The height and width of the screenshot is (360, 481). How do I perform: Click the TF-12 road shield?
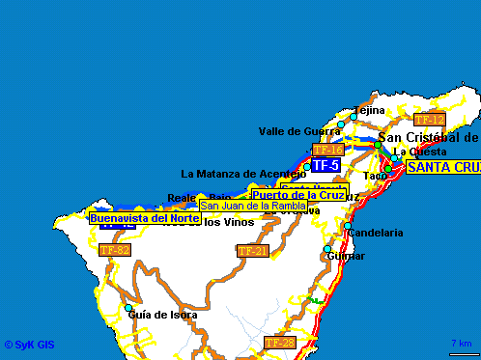pos(428,120)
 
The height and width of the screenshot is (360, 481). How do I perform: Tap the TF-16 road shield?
pos(328,150)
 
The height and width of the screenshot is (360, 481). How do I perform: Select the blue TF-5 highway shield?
pos(325,165)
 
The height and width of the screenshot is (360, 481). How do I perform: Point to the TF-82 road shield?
pos(115,250)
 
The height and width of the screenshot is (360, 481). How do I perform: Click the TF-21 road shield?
pos(252,251)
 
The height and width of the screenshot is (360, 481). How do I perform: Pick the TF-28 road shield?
pos(279,343)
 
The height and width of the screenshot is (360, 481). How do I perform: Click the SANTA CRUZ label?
pos(443,167)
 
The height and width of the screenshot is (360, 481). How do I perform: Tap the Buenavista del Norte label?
pos(145,218)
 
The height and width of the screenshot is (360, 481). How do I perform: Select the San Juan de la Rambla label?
pos(253,206)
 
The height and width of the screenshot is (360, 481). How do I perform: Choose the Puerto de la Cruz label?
pos(297,195)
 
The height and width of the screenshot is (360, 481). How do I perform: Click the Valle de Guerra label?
pos(297,131)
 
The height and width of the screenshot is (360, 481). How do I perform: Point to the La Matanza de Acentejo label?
pos(243,174)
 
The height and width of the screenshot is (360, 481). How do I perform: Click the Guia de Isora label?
pos(162,315)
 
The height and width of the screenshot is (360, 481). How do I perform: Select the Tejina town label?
pos(369,110)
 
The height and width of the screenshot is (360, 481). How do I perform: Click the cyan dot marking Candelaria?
pos(348,227)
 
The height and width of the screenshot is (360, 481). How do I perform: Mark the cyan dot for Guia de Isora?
pos(127,309)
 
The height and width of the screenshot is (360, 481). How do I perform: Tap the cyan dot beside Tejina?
pos(354,117)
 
